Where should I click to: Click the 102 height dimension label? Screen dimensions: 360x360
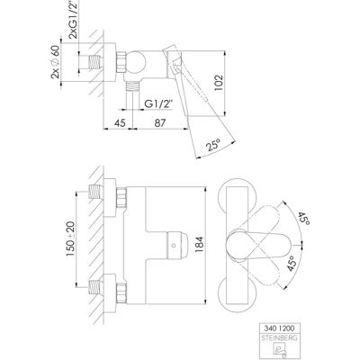coord(219,83)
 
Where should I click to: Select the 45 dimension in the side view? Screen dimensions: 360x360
coord(120,123)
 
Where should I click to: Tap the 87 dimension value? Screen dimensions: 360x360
coord(160,123)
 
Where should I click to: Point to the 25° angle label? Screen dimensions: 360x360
coord(213,146)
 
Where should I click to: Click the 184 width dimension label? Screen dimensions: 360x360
coord(199,245)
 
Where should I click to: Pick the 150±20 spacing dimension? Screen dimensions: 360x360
coord(71,239)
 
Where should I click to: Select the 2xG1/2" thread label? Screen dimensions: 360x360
coord(73,20)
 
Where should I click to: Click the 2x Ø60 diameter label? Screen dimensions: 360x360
coord(56,63)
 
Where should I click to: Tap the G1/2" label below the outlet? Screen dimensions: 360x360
coord(159,104)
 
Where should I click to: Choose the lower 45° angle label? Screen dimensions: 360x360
coord(293,264)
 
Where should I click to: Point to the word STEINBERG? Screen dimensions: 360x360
coord(279,338)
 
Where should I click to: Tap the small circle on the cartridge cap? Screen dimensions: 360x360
coord(174,246)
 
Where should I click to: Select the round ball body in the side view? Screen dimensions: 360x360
coord(135,62)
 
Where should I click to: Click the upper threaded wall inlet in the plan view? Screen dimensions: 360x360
coord(95,192)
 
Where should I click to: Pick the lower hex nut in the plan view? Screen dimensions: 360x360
coord(121,292)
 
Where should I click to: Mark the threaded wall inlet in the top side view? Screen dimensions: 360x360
coord(95,62)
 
